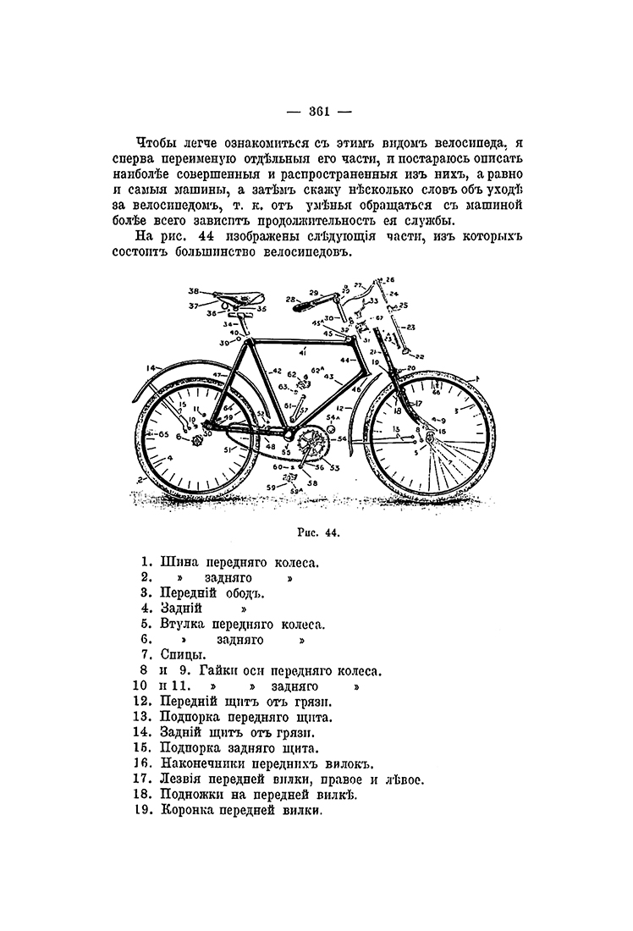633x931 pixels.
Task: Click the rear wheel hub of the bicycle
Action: (x=201, y=440)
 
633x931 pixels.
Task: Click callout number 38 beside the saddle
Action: (x=192, y=289)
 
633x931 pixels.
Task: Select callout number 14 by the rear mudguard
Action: (x=151, y=367)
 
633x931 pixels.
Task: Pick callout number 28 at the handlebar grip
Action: (x=290, y=298)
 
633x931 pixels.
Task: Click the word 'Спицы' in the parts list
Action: (x=181, y=655)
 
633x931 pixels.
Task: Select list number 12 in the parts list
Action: (x=142, y=701)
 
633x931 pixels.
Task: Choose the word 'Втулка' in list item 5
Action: (x=184, y=624)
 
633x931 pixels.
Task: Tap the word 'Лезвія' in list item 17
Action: (x=184, y=779)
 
